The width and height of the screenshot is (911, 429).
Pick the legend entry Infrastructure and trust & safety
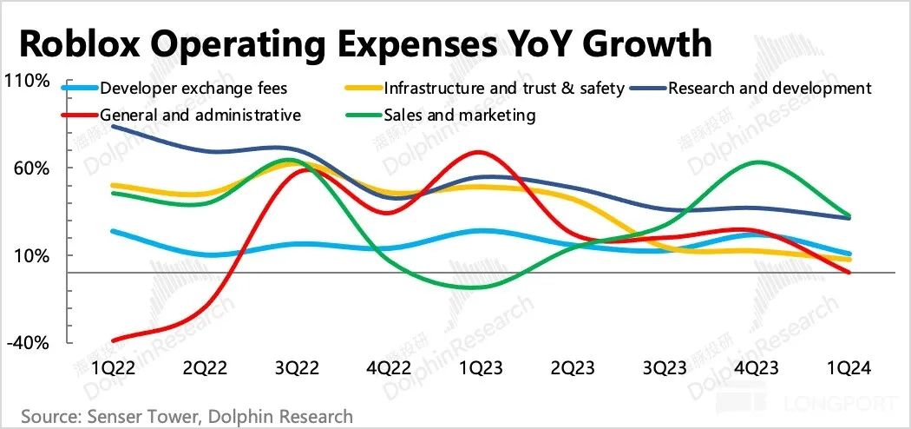(504, 88)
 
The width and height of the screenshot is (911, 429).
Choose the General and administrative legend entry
(200, 115)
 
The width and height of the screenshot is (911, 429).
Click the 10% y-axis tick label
(36, 256)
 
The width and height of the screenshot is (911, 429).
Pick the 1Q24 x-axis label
(849, 368)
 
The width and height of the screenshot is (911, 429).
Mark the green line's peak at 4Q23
(757, 162)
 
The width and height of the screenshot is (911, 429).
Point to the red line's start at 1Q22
(114, 340)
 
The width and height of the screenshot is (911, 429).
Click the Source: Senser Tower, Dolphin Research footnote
(187, 417)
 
